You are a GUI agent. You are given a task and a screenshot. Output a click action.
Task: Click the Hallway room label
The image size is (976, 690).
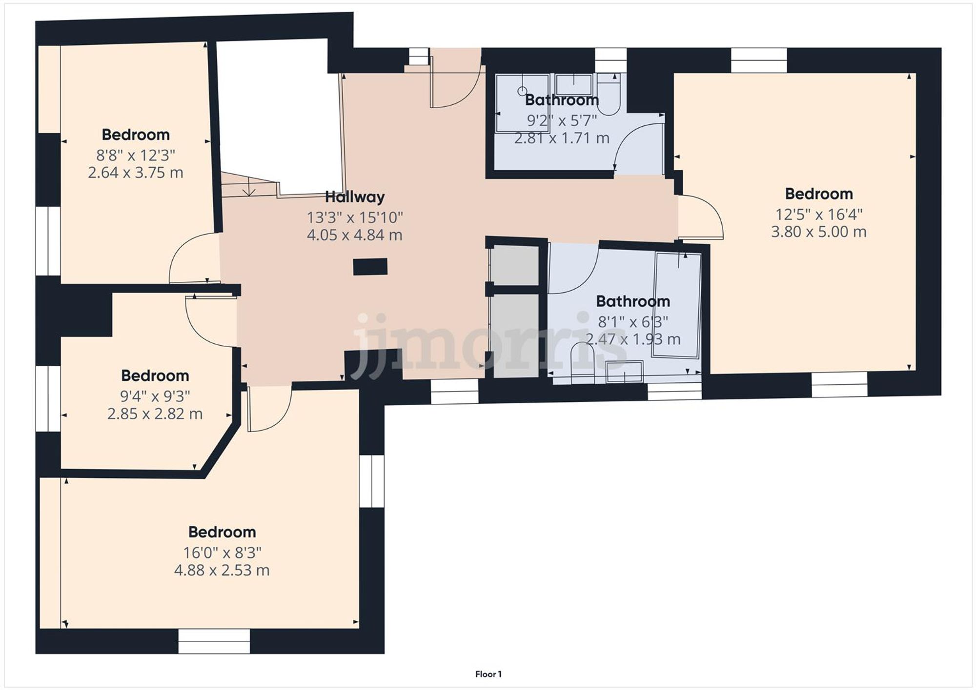[355, 197]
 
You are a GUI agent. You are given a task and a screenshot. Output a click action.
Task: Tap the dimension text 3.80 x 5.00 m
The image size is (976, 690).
[818, 232]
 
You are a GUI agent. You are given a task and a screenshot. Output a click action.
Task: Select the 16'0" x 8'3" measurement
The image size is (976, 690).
[222, 552]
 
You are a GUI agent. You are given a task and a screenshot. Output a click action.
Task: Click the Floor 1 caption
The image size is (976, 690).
[488, 674]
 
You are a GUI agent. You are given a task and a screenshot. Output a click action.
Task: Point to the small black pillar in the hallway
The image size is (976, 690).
[370, 267]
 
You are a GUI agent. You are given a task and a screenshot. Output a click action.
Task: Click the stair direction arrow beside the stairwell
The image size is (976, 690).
[249, 187]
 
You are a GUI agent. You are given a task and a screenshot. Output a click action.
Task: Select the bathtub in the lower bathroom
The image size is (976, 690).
[677, 305]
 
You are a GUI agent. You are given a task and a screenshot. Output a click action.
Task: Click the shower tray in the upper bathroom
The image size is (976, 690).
[521, 103]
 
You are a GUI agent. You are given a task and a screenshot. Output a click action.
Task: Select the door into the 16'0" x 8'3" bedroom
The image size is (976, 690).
[268, 410]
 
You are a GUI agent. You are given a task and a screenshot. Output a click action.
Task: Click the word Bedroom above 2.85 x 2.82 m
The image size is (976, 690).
[155, 375]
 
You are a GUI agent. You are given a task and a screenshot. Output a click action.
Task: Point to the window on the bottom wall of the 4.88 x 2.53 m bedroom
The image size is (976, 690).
[214, 641]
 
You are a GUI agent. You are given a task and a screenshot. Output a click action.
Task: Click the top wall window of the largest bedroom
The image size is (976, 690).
[758, 60]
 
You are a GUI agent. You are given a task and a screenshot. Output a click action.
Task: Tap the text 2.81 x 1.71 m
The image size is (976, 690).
[562, 138]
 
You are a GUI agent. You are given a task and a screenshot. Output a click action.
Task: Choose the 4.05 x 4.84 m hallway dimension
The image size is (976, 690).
[354, 235]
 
